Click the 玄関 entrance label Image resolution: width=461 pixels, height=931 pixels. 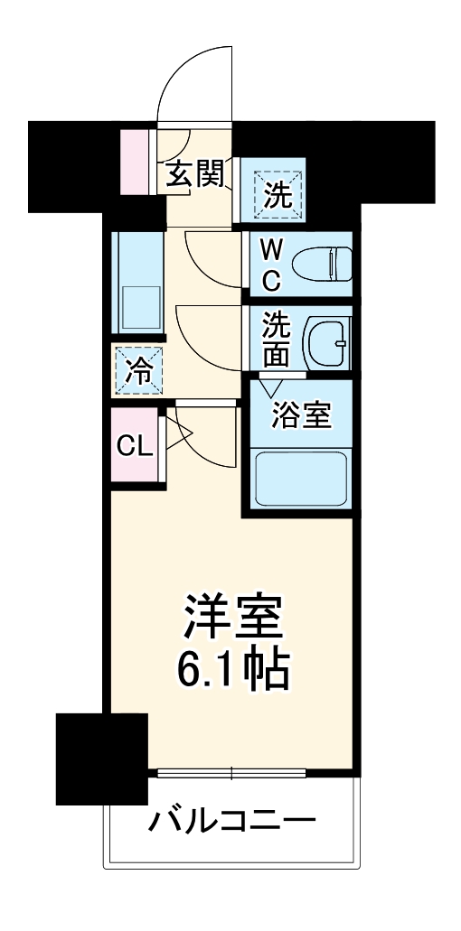click(x=193, y=173)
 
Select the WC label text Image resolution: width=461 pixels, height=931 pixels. click(x=271, y=264)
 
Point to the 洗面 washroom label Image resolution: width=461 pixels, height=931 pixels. click(x=277, y=340)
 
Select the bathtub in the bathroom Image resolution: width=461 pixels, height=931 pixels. click(x=302, y=478)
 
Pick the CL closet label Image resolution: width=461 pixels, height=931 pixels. click(x=135, y=446)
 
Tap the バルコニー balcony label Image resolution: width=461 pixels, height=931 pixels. click(x=232, y=821)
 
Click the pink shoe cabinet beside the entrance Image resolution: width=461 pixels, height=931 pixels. click(x=139, y=163)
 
